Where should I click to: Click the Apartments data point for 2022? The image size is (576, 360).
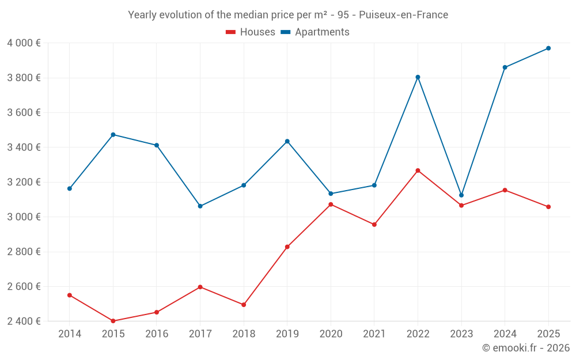[x=418, y=77]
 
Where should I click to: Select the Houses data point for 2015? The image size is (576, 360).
[x=113, y=321]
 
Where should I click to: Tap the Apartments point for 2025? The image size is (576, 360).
[x=548, y=48]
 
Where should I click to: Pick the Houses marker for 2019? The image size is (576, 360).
[x=287, y=247]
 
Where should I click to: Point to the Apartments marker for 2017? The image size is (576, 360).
[x=200, y=206]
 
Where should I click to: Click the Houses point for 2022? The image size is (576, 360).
[x=418, y=170]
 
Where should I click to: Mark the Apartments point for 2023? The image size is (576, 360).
[x=461, y=195]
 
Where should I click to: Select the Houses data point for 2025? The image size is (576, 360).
[x=548, y=207]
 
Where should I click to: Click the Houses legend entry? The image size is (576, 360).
[x=251, y=32]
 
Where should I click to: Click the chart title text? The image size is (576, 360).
[x=288, y=15]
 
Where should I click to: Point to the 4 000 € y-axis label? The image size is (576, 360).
[x=24, y=43]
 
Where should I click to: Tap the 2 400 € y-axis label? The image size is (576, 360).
[x=24, y=321]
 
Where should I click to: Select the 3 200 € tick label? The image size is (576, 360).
[x=24, y=182]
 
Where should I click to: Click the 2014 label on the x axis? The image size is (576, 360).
[x=70, y=334]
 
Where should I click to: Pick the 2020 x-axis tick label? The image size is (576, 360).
[x=331, y=334]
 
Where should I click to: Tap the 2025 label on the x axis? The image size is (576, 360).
[x=548, y=334]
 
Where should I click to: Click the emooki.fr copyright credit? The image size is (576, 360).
[x=526, y=348]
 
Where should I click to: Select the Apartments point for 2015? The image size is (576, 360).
[x=113, y=135]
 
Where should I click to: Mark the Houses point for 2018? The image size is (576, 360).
[x=244, y=305]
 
